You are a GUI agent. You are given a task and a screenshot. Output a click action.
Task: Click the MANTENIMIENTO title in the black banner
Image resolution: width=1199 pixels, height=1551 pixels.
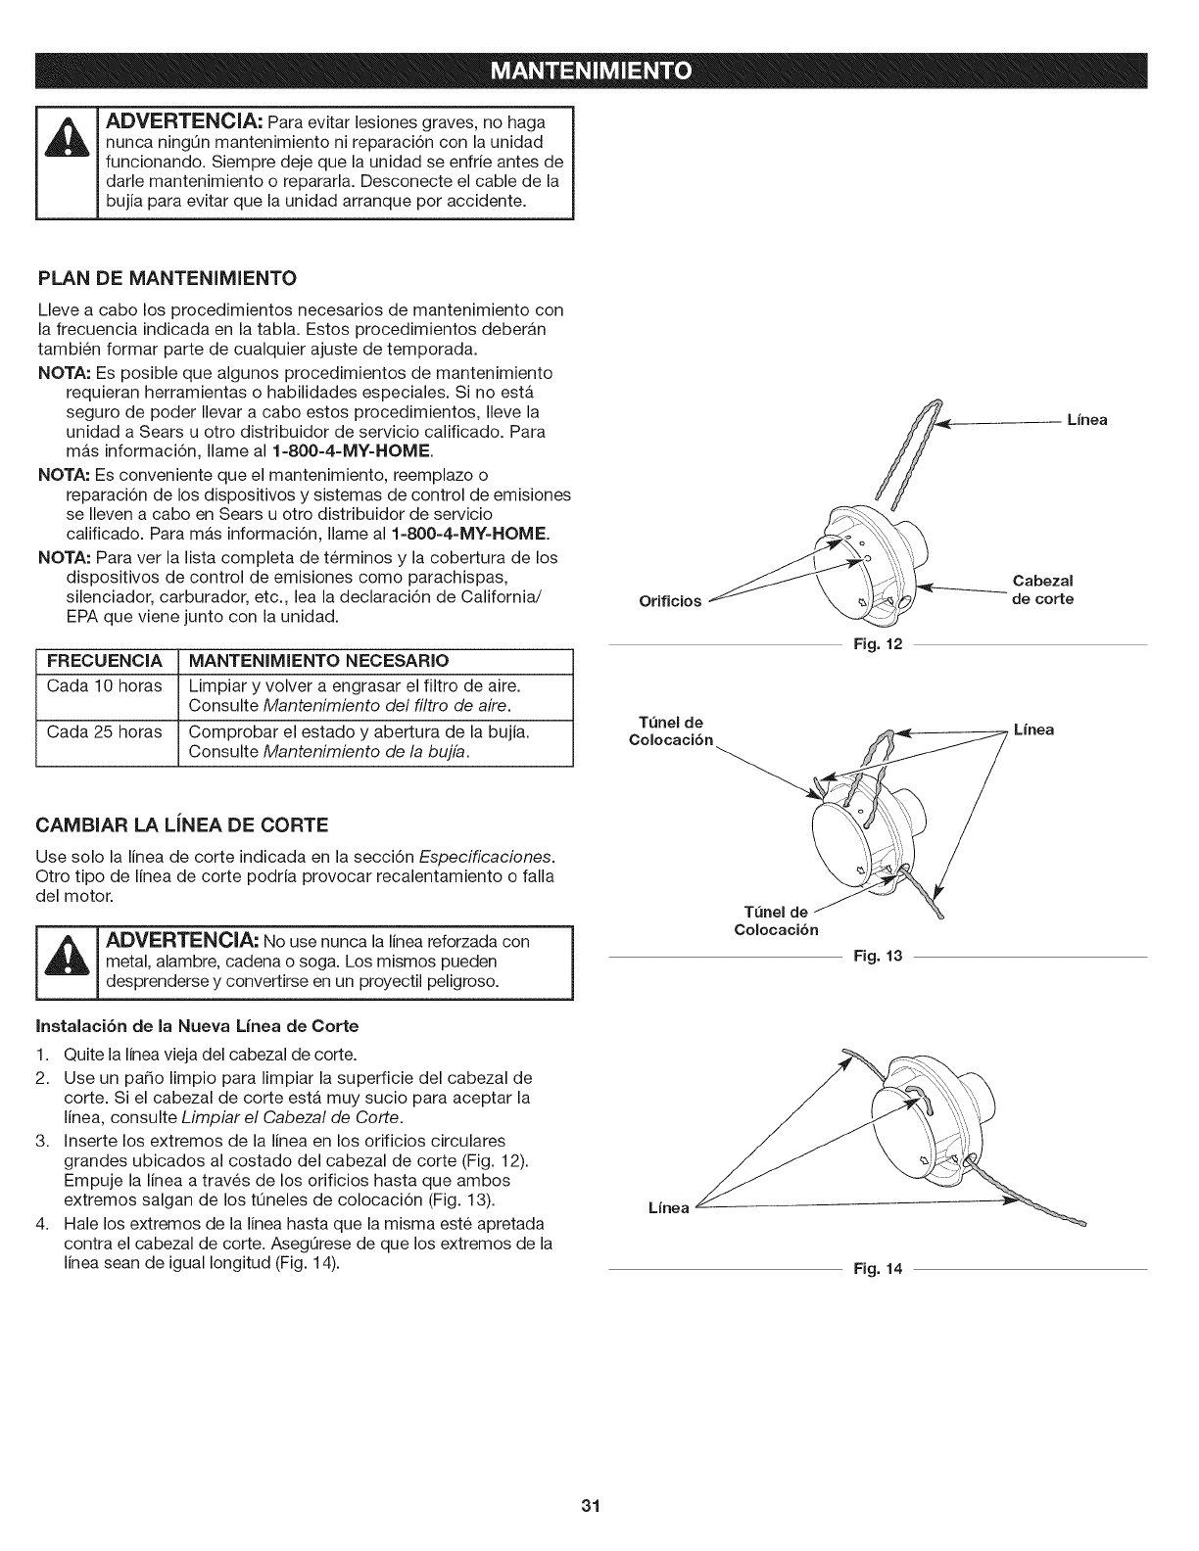click(x=599, y=71)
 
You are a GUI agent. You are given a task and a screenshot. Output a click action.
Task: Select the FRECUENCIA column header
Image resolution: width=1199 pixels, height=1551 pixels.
click(x=105, y=656)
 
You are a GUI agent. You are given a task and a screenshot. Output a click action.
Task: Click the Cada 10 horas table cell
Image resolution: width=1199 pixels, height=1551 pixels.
click(x=105, y=685)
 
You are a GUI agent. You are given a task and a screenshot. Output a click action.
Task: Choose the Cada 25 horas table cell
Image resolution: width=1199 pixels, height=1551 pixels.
click(x=105, y=731)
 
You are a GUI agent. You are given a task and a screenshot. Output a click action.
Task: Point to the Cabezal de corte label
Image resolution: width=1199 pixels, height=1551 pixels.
click(x=1042, y=591)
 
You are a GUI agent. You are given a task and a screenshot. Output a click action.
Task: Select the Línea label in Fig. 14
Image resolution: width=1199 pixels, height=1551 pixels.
click(x=670, y=1208)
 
